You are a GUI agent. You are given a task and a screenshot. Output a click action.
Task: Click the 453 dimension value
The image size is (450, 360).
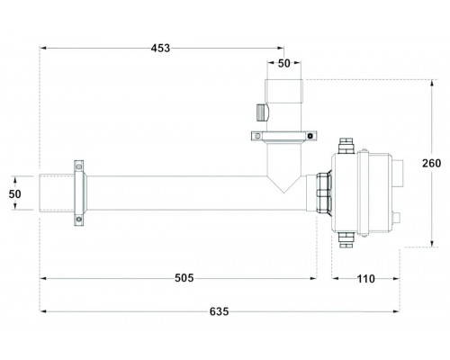click(160, 48)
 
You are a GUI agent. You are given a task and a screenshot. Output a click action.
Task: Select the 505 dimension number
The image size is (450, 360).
click(184, 278)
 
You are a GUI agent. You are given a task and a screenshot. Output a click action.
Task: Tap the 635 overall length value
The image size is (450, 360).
click(219, 311)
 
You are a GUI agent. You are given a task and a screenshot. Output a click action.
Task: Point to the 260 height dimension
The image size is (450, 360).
click(431, 163)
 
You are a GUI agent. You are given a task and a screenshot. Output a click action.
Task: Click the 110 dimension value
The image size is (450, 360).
click(365, 279)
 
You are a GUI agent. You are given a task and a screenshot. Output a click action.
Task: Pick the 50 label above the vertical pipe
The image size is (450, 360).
click(284, 63)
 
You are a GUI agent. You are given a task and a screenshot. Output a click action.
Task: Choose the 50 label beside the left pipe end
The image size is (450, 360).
click(14, 194)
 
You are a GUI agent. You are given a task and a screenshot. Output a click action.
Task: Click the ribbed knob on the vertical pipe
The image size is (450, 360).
click(263, 112)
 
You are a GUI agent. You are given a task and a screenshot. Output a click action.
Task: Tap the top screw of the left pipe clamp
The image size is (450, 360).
click(79, 166)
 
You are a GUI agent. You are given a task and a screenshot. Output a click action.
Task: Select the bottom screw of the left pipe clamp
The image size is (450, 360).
click(79, 220)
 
